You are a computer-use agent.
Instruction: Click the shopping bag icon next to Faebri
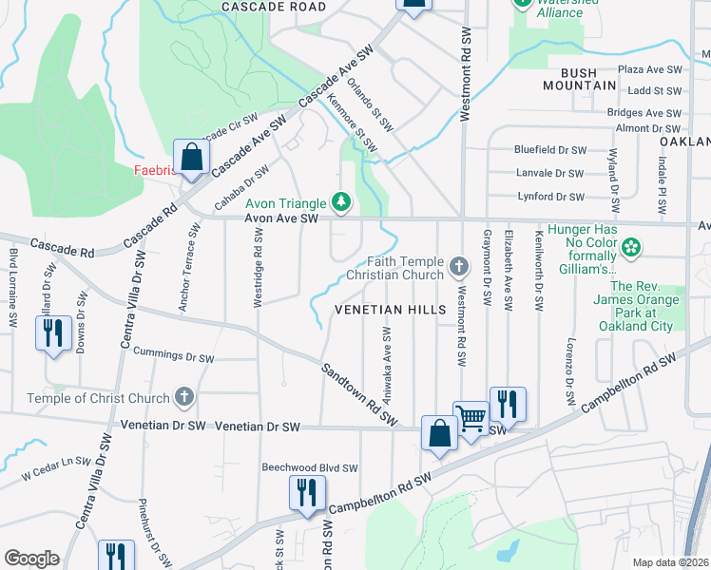click(191, 159)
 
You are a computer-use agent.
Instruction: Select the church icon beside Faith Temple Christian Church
click(458, 265)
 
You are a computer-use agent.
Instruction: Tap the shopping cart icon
click(471, 418)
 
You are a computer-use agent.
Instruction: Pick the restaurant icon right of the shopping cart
click(508, 404)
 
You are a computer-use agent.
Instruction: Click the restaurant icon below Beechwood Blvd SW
click(307, 493)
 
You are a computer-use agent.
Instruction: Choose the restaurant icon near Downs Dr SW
click(53, 333)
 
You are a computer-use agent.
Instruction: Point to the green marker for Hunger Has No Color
click(628, 249)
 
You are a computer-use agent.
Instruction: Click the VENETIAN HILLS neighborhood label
click(390, 311)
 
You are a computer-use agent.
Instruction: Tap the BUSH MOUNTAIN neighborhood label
click(580, 79)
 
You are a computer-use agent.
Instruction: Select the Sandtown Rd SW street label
click(357, 394)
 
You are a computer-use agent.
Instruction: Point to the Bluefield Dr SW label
click(549, 150)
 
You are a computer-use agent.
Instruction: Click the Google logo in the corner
click(31, 559)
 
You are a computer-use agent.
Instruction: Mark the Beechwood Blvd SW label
click(310, 468)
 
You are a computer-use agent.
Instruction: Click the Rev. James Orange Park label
click(642, 305)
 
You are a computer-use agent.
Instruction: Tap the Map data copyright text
click(670, 561)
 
